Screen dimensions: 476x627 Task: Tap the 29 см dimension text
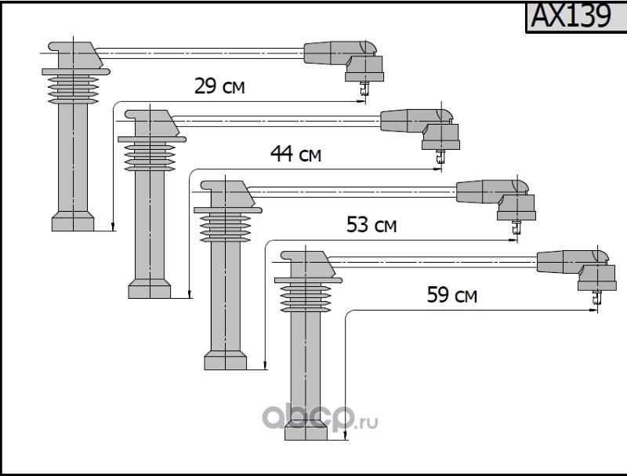tap(219, 87)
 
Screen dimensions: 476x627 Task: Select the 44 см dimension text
tap(295, 154)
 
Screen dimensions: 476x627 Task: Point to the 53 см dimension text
tap(371, 227)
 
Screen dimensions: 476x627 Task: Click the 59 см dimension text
tap(452, 296)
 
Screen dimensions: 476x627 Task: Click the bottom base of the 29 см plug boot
tap(74, 222)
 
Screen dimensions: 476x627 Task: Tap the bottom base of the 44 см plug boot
tap(150, 289)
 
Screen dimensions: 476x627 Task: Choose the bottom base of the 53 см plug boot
tap(225, 360)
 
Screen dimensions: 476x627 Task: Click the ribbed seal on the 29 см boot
tap(74, 86)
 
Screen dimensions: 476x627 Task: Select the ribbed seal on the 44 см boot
tap(150, 154)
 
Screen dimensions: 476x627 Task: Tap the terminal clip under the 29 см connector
tap(364, 91)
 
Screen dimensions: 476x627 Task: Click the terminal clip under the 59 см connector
tap(596, 297)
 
